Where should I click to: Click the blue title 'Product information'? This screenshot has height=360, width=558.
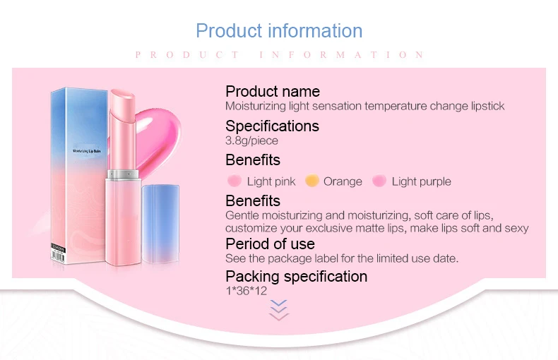(279, 31)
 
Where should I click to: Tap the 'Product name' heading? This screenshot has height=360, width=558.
(272, 91)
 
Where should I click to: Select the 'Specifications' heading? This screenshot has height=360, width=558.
(272, 126)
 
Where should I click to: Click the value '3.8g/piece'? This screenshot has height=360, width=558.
(251, 140)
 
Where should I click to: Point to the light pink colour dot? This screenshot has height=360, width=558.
(235, 181)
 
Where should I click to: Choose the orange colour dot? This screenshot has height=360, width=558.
(311, 181)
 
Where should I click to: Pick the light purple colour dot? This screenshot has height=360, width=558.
(379, 181)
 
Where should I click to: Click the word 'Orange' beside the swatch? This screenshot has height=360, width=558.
(343, 181)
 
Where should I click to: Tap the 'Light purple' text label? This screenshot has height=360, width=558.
(421, 181)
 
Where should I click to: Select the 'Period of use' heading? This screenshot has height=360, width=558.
(270, 244)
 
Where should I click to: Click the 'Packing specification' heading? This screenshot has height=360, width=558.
(296, 276)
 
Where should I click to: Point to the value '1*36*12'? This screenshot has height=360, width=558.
(246, 290)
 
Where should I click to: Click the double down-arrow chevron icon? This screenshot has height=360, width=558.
(280, 310)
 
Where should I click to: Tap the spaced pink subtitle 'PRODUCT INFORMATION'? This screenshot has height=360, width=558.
(279, 55)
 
